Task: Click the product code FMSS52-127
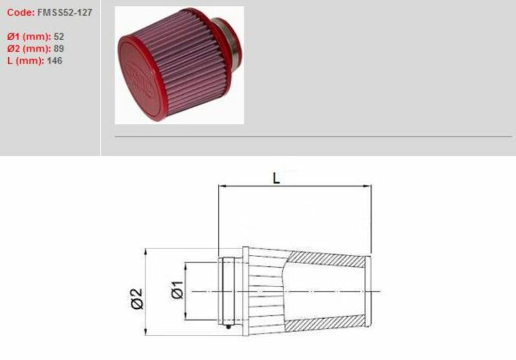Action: pos(64,12)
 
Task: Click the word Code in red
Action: pos(20,12)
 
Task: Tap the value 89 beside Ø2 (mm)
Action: pos(58,48)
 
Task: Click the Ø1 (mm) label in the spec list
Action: pos(28,37)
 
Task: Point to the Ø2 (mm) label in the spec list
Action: pos(28,48)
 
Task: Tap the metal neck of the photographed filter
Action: pos(232,44)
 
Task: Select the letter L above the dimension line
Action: pos(277,178)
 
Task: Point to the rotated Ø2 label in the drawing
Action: pos(137,299)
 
